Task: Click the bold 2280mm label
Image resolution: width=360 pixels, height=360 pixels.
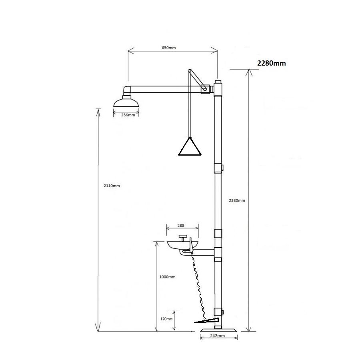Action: click(271, 63)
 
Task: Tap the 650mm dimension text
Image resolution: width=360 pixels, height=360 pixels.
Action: click(169, 48)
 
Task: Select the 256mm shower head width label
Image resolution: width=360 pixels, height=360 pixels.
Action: click(128, 115)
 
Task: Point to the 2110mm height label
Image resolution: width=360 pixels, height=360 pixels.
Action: click(112, 186)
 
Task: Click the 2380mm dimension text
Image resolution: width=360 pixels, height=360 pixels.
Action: click(237, 200)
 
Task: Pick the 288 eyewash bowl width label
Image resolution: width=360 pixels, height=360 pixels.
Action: click(181, 226)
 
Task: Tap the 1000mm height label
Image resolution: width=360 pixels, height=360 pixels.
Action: click(167, 277)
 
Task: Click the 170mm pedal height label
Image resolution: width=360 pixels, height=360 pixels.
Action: click(166, 319)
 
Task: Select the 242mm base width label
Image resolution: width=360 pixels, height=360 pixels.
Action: click(218, 336)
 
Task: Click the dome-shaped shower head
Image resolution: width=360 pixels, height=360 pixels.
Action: click(126, 102)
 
